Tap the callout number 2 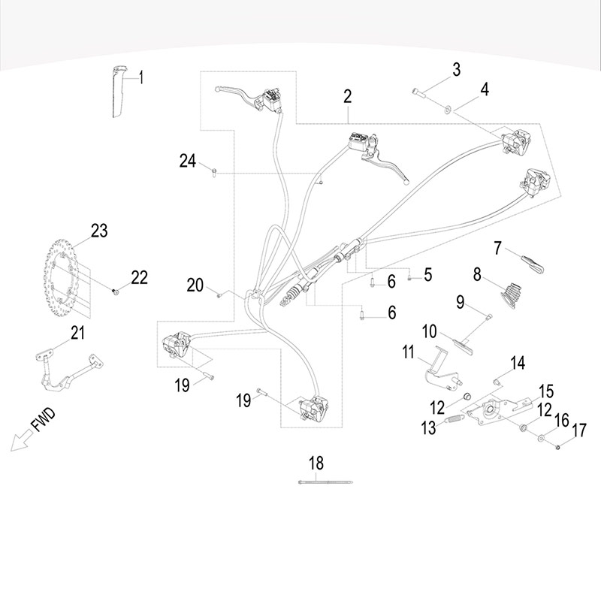pos(347,96)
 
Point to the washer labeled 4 pos(447,110)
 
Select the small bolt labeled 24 pos(214,173)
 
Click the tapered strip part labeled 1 pos(116,93)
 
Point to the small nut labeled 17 pos(559,448)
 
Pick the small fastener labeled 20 pos(219,295)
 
